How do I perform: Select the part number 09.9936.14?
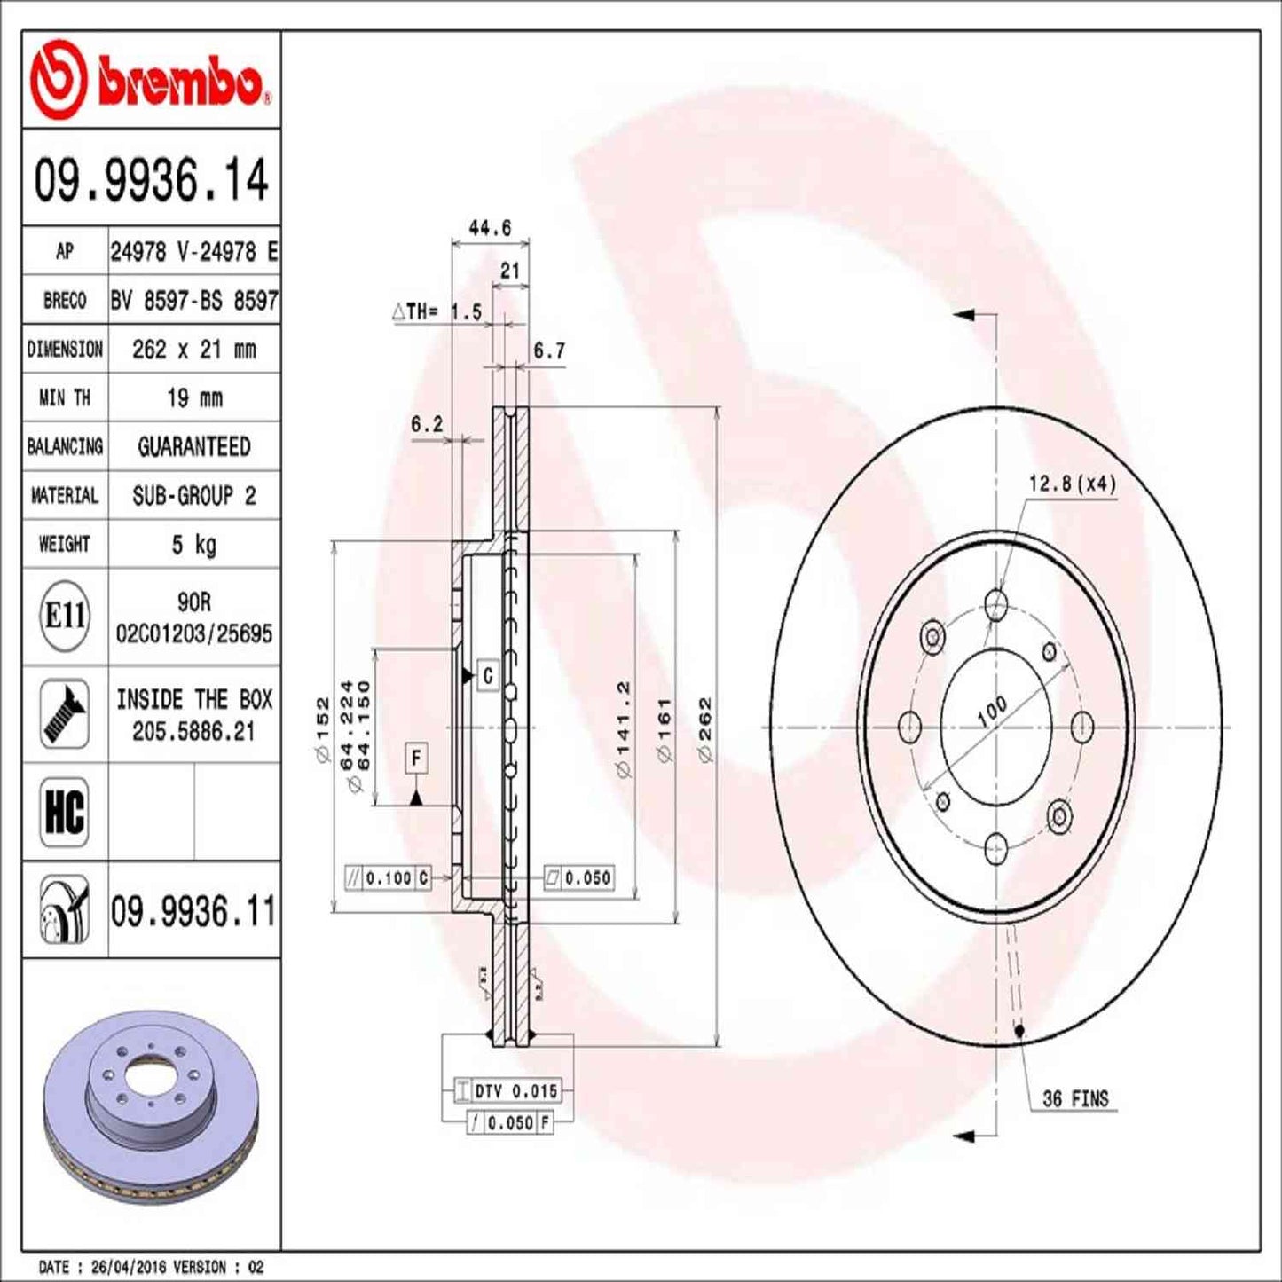[151, 179]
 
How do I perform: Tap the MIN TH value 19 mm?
[194, 397]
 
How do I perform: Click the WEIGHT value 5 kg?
[194, 544]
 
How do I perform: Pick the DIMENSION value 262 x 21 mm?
[194, 350]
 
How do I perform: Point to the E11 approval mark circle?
[65, 615]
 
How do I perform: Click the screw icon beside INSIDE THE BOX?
[65, 713]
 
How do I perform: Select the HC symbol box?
[65, 811]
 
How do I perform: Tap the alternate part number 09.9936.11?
[193, 911]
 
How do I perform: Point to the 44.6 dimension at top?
[490, 228]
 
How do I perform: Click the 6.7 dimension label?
[549, 351]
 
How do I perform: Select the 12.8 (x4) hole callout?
[1072, 484]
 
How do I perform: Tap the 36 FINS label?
[1075, 1099]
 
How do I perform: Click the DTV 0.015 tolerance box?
[515, 1090]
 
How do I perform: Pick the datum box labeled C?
[487, 676]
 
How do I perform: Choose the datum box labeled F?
[416, 759]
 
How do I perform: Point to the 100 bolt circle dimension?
[991, 711]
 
